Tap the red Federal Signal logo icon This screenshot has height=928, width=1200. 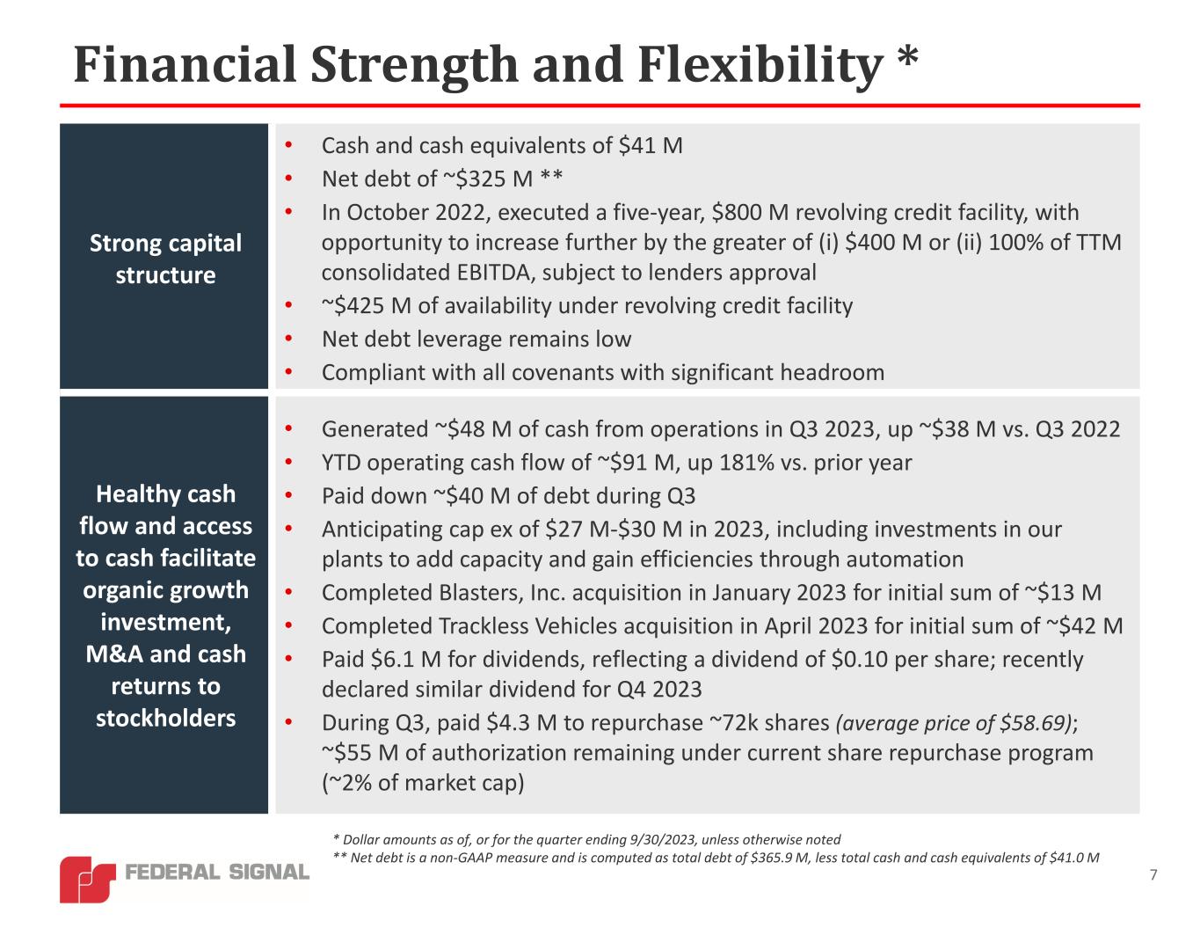click(87, 879)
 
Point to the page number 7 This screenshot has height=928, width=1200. click(1153, 874)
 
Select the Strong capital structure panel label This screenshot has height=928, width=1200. click(165, 259)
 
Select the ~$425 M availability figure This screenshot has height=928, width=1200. click(360, 305)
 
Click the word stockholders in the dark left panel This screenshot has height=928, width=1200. click(165, 718)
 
